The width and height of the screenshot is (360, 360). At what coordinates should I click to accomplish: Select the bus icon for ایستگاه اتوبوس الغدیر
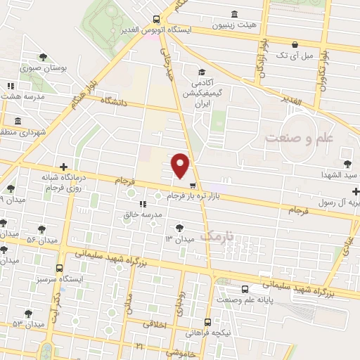click(x=157, y=20)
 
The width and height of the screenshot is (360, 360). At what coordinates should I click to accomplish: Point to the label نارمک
click(x=215, y=236)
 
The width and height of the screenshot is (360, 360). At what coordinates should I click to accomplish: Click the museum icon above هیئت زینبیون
click(x=234, y=14)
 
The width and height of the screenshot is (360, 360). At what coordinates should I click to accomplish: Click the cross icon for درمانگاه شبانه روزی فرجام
click(x=64, y=167)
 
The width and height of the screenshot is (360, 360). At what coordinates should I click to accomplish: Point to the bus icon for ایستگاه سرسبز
click(x=59, y=268)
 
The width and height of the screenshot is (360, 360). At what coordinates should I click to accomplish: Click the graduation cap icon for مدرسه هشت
click(x=8, y=85)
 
